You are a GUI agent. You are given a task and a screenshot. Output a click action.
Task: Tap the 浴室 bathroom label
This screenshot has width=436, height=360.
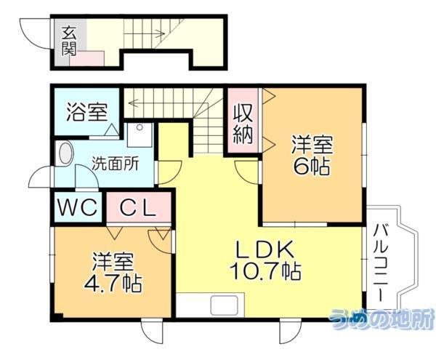point(87,112)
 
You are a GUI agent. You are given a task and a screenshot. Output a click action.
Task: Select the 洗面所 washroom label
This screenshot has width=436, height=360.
point(116,164)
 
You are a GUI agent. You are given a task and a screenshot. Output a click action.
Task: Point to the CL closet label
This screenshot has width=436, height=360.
point(138,208)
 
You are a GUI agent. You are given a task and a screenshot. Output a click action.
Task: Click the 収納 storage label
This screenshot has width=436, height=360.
point(243,124)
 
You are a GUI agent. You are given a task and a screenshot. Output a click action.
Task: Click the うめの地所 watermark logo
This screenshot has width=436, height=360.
point(381,318)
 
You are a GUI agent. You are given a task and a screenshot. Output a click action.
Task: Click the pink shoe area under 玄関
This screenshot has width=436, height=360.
point(88,59)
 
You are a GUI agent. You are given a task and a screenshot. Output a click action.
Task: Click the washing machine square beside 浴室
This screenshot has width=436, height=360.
point(139,135)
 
